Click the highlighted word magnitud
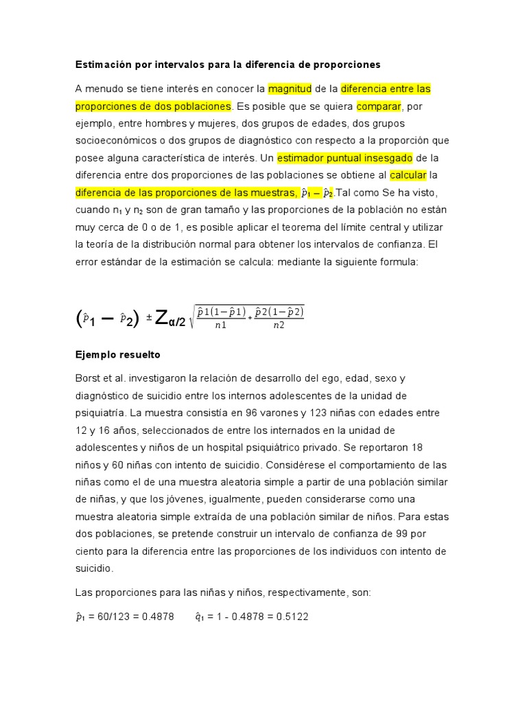coord(290,89)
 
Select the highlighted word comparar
coord(377,106)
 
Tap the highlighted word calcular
coord(408,175)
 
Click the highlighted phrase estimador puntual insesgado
coord(345,158)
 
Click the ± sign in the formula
coord(148,318)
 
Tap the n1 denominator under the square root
coord(220,325)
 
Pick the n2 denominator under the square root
coord(279,325)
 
